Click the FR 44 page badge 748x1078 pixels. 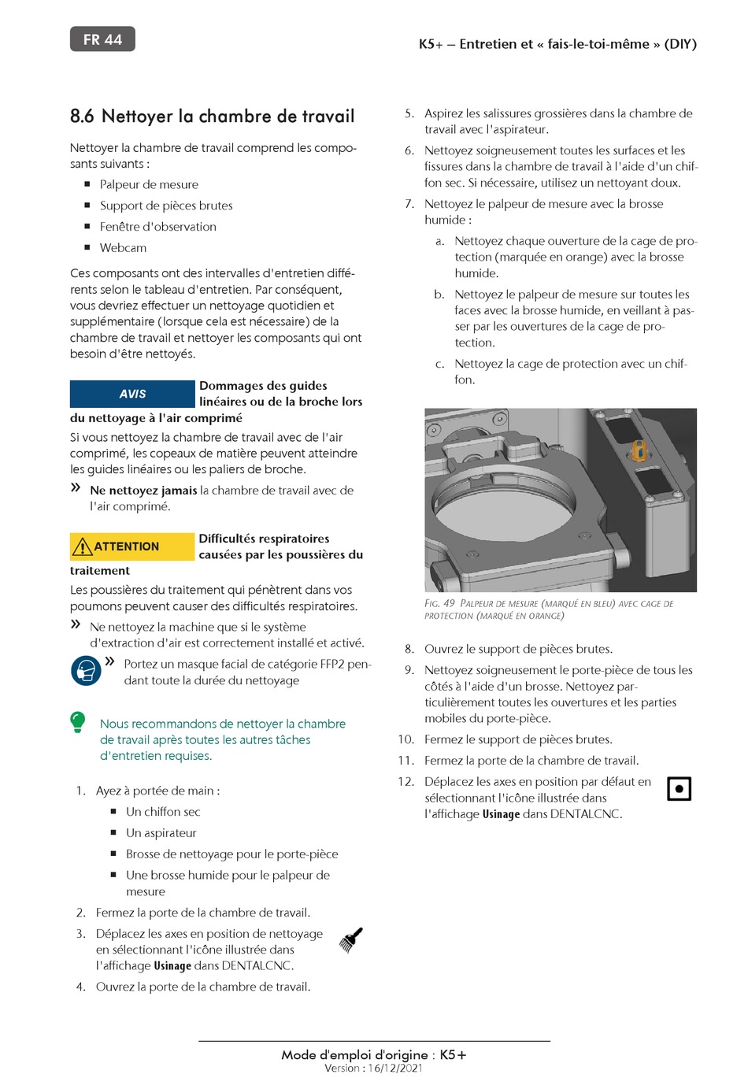[x=102, y=39]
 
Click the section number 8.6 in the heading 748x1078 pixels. [x=82, y=117]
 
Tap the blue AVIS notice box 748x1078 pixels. [x=132, y=394]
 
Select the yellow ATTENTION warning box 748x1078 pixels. [x=132, y=546]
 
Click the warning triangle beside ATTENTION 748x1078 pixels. [x=83, y=546]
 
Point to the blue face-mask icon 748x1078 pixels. [x=86, y=671]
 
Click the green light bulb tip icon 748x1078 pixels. [x=78, y=722]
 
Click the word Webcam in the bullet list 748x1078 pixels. [x=123, y=248]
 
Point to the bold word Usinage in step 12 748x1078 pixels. [x=501, y=813]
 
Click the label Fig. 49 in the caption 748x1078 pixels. [x=439, y=603]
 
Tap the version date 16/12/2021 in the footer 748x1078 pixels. [x=395, y=1068]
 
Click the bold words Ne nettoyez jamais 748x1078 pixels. [x=143, y=491]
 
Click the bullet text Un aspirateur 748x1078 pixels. [x=161, y=833]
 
